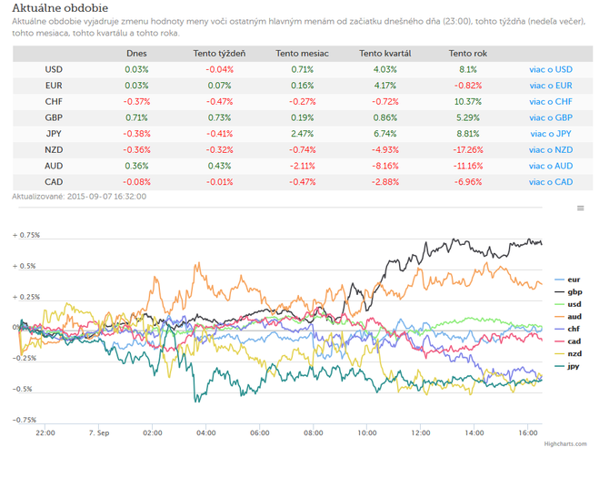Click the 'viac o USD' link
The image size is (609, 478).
point(551,69)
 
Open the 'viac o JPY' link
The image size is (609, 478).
point(551,134)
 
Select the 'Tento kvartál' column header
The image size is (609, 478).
point(384,54)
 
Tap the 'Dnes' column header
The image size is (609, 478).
point(136,54)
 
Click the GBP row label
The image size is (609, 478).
point(54,117)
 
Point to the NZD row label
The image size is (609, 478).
point(54,149)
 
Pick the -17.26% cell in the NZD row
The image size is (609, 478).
point(468,149)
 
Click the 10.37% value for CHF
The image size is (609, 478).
point(468,101)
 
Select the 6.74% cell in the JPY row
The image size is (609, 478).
point(384,134)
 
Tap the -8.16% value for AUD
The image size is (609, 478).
point(384,166)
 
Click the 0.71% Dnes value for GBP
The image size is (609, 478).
point(136,117)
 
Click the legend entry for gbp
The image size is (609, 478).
point(569,291)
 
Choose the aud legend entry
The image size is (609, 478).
point(569,317)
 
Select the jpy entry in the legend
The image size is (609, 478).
point(567,366)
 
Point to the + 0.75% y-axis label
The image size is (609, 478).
point(26,235)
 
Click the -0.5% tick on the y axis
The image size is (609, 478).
point(24,389)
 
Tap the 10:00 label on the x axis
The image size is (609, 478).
point(367,432)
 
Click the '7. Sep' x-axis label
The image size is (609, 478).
point(99,432)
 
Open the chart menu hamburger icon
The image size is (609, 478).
point(580,208)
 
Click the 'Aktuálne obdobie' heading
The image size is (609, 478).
point(60,8)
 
